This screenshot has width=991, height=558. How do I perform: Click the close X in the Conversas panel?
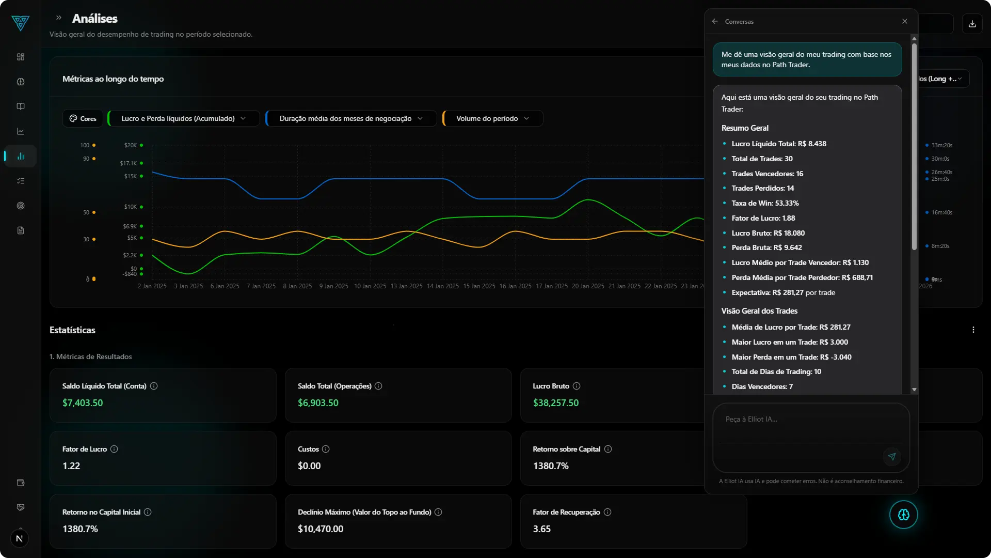(x=905, y=21)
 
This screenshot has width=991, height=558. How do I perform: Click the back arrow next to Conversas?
(x=715, y=21)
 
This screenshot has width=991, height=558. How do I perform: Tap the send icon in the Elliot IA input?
(x=891, y=457)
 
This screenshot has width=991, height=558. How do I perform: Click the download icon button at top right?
(x=972, y=24)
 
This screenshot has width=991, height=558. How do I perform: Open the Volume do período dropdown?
(x=492, y=118)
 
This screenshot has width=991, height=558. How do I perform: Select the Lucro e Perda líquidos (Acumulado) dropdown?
(x=183, y=118)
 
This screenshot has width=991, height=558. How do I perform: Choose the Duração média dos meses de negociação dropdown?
(x=351, y=118)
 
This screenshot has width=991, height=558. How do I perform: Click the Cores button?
(x=83, y=118)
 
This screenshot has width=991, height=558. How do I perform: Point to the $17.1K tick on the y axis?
(x=129, y=163)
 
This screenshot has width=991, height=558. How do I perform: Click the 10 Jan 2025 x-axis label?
(x=370, y=286)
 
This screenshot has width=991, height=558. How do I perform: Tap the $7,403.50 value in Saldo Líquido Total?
(x=83, y=403)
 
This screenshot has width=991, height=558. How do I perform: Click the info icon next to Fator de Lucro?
(x=114, y=449)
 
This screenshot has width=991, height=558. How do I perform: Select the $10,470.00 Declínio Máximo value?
(x=321, y=529)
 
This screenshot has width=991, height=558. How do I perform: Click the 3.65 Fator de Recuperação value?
(x=541, y=529)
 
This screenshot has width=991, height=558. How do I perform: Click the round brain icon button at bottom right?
(x=903, y=515)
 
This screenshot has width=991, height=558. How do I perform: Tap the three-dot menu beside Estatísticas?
(x=973, y=330)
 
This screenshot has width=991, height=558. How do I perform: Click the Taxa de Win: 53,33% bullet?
(x=765, y=203)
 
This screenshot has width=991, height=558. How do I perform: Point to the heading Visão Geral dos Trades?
(x=759, y=311)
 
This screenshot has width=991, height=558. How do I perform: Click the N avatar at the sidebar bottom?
(x=19, y=538)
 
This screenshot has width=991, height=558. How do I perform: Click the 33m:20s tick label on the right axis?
(x=941, y=145)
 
